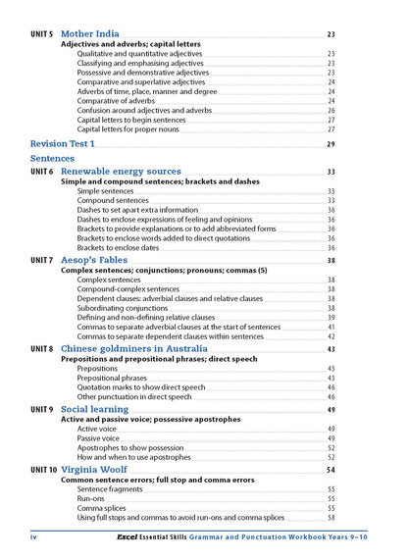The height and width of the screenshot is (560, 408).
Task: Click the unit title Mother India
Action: pyautogui.click(x=90, y=33)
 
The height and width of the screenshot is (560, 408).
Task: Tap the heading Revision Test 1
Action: pyautogui.click(x=63, y=144)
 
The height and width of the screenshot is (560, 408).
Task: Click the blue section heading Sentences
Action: pyautogui.click(x=52, y=158)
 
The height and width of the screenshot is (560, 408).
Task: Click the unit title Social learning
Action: pyautogui.click(x=94, y=409)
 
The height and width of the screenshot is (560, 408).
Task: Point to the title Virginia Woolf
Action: pyautogui.click(x=98, y=470)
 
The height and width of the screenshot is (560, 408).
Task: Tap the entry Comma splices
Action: pyautogui.click(x=102, y=508)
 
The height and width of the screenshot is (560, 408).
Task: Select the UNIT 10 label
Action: pyautogui.click(x=44, y=470)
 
